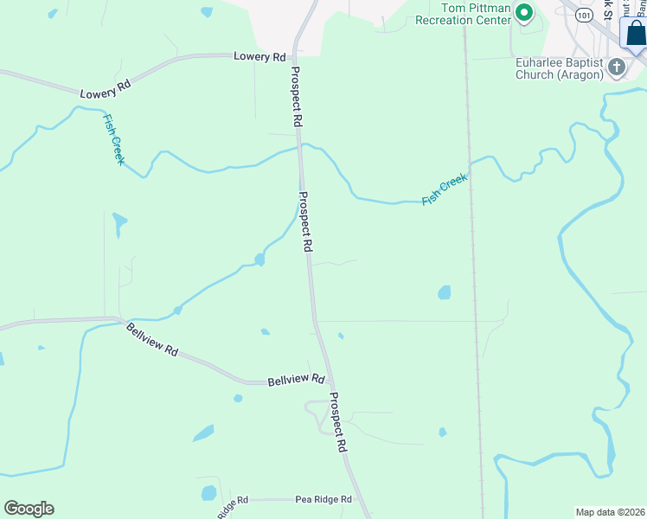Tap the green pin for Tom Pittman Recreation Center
click(523, 12)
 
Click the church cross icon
click(617, 67)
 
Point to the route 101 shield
click(584, 15)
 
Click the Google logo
click(29, 509)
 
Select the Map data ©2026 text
click(610, 511)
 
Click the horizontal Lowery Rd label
click(259, 56)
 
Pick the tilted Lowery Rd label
click(105, 87)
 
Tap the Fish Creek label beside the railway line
click(445, 189)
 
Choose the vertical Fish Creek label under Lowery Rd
click(113, 139)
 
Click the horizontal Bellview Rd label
click(296, 380)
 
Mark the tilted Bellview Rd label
click(152, 340)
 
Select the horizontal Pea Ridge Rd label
click(323, 500)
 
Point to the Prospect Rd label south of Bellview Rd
click(337, 423)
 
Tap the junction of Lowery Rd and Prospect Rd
click(294, 55)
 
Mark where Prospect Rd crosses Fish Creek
click(300, 147)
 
